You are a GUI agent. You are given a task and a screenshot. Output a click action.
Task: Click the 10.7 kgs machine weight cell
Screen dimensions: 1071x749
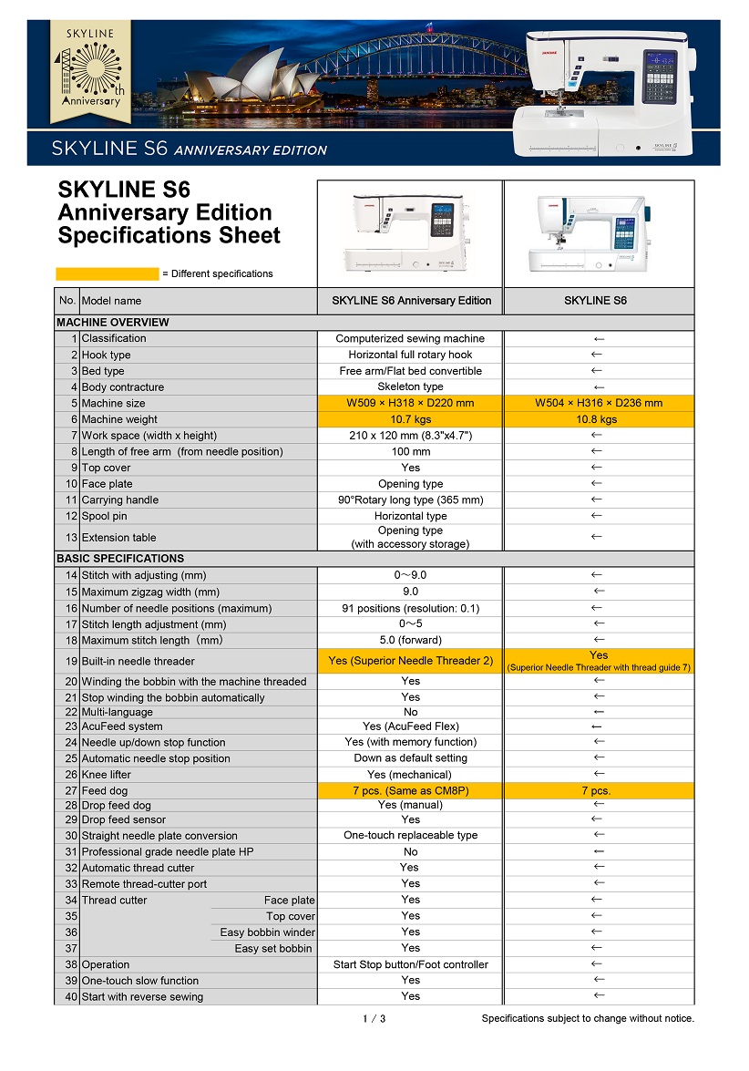(410, 419)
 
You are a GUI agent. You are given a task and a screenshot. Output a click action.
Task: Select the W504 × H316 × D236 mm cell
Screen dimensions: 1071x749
(599, 403)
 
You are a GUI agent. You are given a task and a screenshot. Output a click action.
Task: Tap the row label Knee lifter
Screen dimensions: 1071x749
(107, 775)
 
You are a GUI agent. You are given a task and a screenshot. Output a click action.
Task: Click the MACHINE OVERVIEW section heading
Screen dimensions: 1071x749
(113, 322)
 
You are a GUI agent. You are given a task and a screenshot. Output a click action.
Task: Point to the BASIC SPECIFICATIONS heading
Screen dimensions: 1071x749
(120, 558)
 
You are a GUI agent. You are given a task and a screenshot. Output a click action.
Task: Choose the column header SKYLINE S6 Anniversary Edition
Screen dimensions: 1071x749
(411, 300)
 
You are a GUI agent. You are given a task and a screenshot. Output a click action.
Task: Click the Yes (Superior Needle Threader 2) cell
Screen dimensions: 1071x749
(410, 661)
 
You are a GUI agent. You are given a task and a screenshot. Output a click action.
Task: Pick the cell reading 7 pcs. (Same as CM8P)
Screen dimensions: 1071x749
(410, 790)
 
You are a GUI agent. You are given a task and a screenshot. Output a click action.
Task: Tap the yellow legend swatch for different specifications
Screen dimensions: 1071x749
(107, 273)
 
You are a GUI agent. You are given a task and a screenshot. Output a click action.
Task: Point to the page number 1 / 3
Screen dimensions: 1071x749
(374, 1018)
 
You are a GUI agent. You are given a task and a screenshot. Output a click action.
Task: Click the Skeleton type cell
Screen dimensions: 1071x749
(410, 387)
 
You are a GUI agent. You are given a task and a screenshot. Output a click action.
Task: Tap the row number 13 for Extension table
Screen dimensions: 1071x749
(71, 538)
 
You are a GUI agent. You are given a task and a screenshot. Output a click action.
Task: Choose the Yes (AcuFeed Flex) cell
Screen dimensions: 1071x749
(410, 726)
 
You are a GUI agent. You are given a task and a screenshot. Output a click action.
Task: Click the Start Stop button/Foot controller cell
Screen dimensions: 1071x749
(410, 964)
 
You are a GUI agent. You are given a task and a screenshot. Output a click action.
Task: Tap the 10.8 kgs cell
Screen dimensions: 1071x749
(599, 419)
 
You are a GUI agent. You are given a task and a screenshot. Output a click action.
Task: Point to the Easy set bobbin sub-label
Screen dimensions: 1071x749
(273, 948)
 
